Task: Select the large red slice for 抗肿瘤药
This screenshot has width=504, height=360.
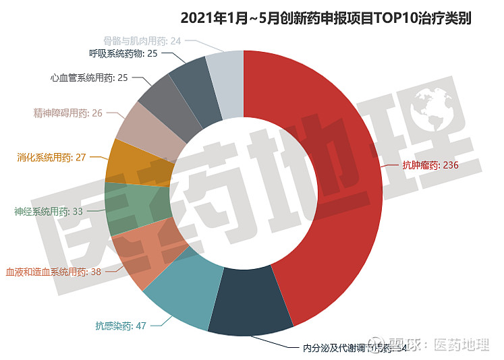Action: (337, 169)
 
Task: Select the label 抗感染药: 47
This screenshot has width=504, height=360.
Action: (121, 326)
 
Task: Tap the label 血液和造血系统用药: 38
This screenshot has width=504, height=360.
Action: (53, 272)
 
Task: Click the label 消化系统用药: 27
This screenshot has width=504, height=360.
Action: (51, 158)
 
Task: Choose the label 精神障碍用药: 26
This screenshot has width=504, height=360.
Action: (67, 113)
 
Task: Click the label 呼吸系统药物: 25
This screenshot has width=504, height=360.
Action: (123, 53)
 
